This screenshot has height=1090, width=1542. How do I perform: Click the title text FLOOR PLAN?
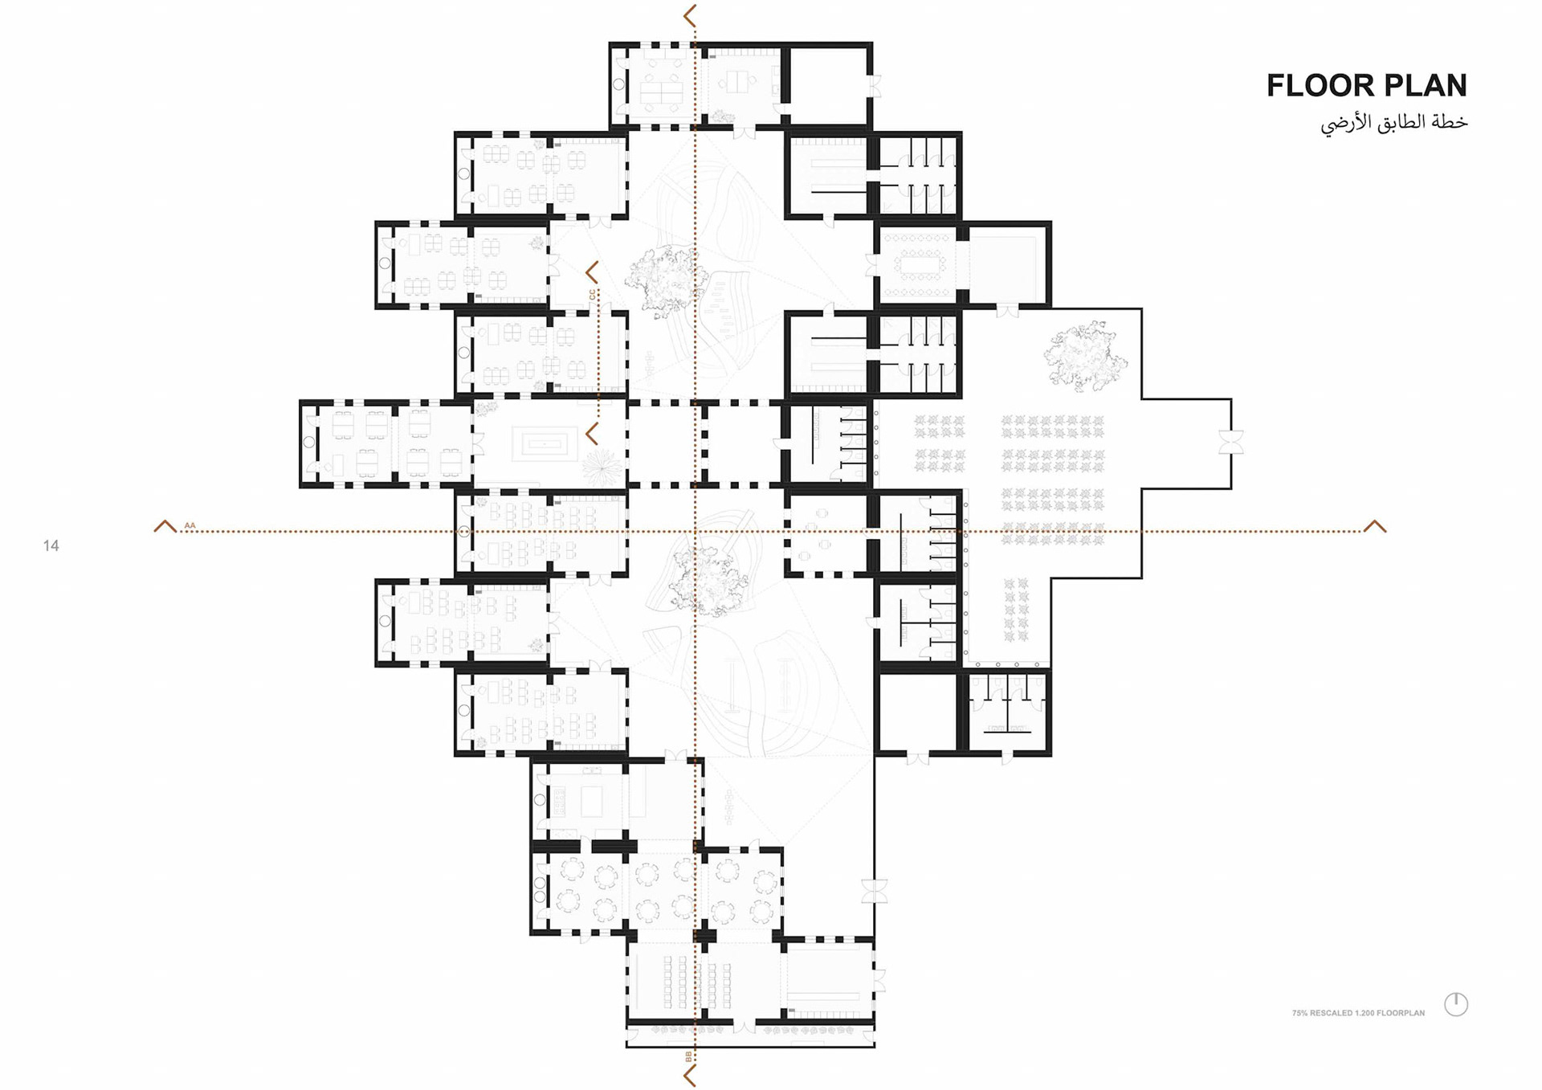[x=1366, y=85]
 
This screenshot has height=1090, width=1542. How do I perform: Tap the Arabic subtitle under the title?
[x=1393, y=123]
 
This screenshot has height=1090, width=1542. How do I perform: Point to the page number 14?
[x=51, y=546]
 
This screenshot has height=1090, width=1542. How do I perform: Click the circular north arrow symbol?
[x=1456, y=1004]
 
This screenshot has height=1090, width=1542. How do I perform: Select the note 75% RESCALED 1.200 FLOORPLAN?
[x=1358, y=1013]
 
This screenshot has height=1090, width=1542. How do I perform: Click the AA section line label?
[x=190, y=525]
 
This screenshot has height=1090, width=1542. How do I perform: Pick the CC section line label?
[x=592, y=295]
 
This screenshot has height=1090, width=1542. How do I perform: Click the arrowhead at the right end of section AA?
[x=1375, y=526]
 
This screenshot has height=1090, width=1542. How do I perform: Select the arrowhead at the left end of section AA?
[x=165, y=526]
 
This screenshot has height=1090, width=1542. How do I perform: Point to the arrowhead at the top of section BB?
[x=689, y=15]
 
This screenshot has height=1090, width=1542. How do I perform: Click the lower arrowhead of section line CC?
[x=592, y=435]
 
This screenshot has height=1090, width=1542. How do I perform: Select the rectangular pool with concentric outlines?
[x=545, y=443]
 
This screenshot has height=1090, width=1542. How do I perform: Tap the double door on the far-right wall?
[x=1230, y=443]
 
